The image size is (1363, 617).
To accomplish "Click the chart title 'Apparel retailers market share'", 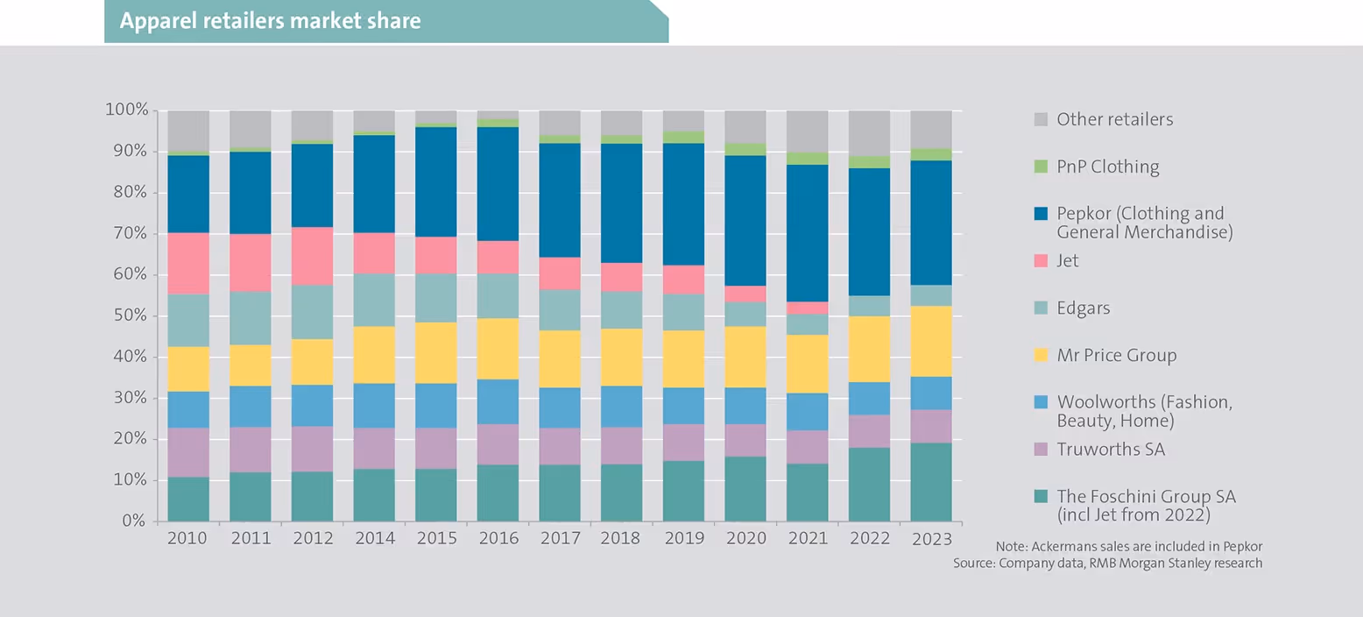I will pyautogui.click(x=270, y=20).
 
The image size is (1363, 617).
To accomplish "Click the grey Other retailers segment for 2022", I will pyautogui.click(x=869, y=132).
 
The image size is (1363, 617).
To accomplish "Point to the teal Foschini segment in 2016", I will pyautogui.click(x=498, y=493).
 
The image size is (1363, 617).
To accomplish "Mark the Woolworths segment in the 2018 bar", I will pyautogui.click(x=621, y=406).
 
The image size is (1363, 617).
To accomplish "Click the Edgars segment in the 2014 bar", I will pyautogui.click(x=374, y=300).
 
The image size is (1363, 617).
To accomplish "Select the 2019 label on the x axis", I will pyautogui.click(x=683, y=538).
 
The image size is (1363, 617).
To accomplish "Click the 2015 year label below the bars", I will pyautogui.click(x=435, y=538).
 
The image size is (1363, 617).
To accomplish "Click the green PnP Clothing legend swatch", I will pyautogui.click(x=1041, y=166).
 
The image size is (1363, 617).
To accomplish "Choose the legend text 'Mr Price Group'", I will pyautogui.click(x=1116, y=355).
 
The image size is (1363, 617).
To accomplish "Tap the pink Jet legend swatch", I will pyautogui.click(x=1041, y=260).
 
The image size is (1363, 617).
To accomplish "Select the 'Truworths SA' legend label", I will pyautogui.click(x=1111, y=450).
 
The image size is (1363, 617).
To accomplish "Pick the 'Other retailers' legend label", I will pyautogui.click(x=1114, y=118).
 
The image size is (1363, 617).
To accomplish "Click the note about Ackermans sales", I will pyautogui.click(x=1129, y=545).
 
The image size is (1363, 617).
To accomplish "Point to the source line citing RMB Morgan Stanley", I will pyautogui.click(x=1108, y=563).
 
